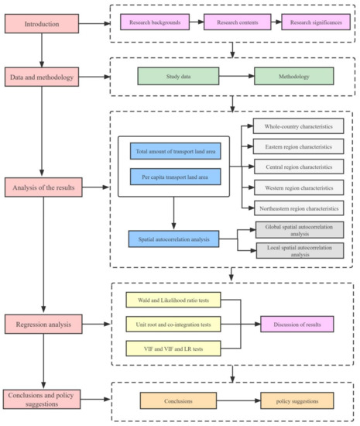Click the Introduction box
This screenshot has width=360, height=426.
[41, 23]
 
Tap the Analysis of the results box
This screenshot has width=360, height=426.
[41, 187]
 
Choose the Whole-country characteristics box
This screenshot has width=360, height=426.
[299, 126]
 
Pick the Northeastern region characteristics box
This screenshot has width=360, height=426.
[299, 208]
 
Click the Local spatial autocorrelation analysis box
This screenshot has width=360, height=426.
[299, 250]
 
